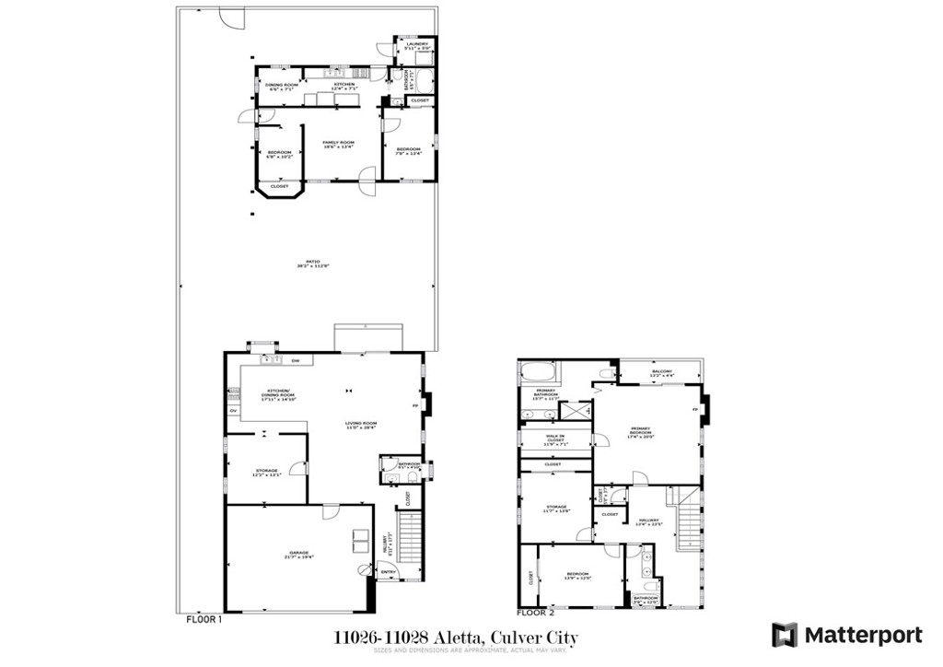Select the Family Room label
coord(337,144)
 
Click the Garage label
coord(300,555)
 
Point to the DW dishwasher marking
coord(296,360)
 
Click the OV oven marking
coord(233,411)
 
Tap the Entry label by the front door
coord(389,573)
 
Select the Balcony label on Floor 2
coord(661,373)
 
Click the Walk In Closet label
coord(554,440)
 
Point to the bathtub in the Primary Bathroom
coord(540,373)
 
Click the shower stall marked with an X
coord(579,412)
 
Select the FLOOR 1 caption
coord(204,620)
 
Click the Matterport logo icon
coord(784,635)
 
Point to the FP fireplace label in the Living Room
coord(414,405)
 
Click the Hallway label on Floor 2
coord(648,522)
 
